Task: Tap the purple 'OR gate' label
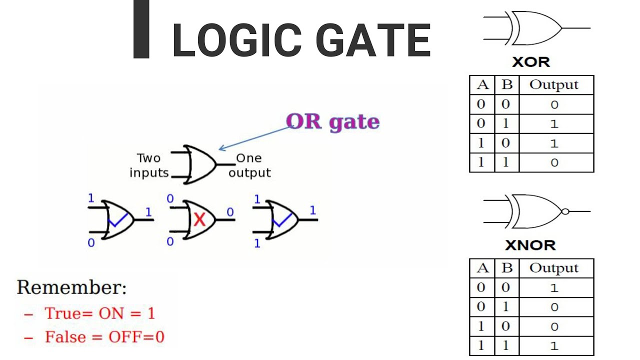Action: tap(332, 121)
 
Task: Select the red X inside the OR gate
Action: tap(199, 219)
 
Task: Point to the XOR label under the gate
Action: tap(531, 62)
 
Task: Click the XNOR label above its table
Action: tap(530, 245)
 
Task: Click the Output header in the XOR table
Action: tap(554, 85)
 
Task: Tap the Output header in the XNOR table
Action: tap(554, 268)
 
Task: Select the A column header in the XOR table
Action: tap(482, 85)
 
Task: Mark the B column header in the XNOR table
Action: tap(507, 268)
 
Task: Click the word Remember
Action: tap(71, 287)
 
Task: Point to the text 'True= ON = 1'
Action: tap(99, 313)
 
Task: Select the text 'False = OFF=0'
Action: tap(104, 337)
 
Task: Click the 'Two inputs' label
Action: tap(149, 165)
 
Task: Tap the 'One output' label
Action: tap(249, 165)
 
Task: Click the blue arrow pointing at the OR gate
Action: tap(255, 137)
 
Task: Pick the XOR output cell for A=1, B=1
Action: tap(554, 162)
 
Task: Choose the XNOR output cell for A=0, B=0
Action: tap(554, 288)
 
